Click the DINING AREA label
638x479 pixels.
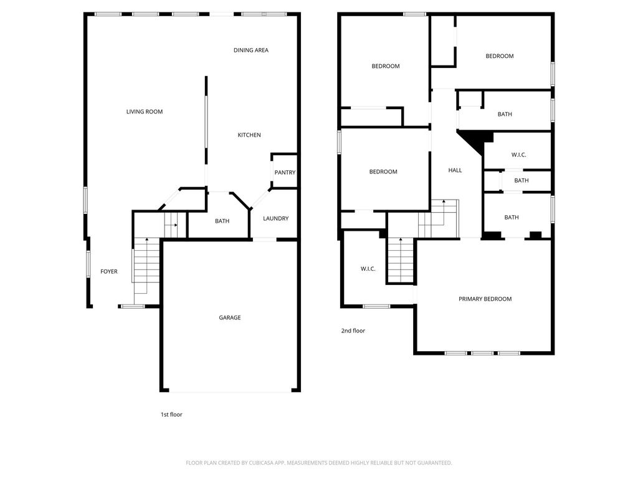250,50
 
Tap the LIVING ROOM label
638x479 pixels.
145,112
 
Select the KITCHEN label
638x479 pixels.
249,135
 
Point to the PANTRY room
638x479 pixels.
284,172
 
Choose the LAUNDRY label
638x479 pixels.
275,218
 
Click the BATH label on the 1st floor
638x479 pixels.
222,221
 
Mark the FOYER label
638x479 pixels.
109,271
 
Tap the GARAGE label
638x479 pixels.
230,317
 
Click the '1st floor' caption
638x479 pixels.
171,414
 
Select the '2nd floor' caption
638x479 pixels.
353,331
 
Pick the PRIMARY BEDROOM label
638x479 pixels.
485,299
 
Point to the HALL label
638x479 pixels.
455,170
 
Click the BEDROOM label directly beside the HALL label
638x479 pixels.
383,172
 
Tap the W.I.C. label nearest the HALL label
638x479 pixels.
518,155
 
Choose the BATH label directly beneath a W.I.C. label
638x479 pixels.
521,180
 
